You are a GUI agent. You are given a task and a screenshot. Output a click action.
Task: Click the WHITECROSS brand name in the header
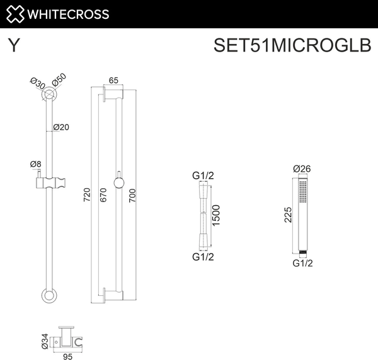point(71,14)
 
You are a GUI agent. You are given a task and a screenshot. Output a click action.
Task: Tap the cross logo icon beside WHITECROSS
point(17,14)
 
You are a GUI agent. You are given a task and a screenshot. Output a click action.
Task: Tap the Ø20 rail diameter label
point(61,127)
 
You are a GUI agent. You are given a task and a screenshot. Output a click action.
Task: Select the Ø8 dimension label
point(36,164)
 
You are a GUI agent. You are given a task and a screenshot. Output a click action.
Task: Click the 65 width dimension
point(114,80)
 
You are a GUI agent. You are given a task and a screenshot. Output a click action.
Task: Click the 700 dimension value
point(132,196)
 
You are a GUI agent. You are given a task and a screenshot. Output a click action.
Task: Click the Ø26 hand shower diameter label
point(303,168)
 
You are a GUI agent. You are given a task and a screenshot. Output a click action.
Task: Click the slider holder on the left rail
point(49,185)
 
